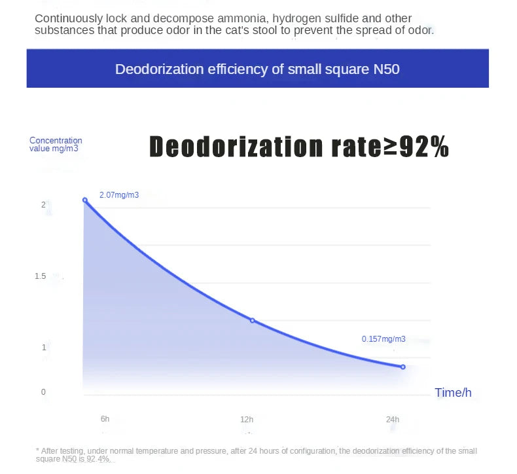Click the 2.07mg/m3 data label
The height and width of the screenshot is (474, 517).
119,195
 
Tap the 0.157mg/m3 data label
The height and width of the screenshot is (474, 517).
383,339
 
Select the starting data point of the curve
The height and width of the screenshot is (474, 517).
84,200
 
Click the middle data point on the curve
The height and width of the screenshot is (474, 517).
252,320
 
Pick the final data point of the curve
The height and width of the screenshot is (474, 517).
402,367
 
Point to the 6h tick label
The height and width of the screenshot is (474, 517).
105,418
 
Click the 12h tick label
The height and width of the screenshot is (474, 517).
247,419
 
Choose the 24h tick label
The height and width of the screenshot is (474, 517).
393,419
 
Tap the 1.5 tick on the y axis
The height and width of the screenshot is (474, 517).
41,276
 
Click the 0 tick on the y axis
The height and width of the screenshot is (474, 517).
43,392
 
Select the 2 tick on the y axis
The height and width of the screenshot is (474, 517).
43,205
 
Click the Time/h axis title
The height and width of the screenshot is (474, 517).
453,393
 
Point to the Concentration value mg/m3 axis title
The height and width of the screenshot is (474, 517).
56,144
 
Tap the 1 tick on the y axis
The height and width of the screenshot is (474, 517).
43,347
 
